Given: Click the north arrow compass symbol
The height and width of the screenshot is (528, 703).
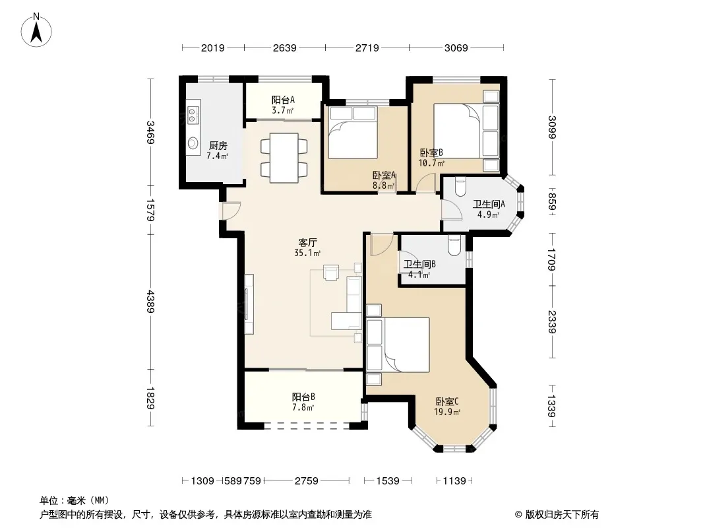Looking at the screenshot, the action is [36, 30].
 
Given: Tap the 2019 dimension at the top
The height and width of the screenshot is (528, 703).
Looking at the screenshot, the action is [212, 48].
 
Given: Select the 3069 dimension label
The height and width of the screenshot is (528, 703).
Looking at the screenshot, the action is [456, 48].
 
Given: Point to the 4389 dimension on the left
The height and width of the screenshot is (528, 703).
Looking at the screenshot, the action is [150, 302].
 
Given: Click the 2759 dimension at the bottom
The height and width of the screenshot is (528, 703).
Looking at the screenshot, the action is [306, 481].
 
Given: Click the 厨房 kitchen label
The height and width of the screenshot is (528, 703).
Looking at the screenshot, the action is [218, 145].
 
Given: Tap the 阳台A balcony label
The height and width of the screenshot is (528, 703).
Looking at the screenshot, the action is [284, 100].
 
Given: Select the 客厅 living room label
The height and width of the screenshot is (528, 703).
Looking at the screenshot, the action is [307, 242].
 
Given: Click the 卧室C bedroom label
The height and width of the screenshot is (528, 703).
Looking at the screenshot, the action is [447, 401].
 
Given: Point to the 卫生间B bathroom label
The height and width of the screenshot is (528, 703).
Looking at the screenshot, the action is [419, 264].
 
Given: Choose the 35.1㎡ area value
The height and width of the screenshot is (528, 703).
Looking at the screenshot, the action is [307, 253].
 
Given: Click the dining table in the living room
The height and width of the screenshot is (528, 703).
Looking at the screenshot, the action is [284, 158].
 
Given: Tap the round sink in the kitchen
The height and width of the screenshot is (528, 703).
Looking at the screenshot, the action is [193, 143].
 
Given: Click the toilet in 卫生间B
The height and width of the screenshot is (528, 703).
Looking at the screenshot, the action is [454, 246].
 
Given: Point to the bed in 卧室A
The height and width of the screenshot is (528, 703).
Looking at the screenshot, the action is [352, 132].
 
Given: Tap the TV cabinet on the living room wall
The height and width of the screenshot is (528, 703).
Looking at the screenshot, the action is [249, 304].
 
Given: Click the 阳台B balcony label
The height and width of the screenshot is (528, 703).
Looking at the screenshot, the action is [303, 397].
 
